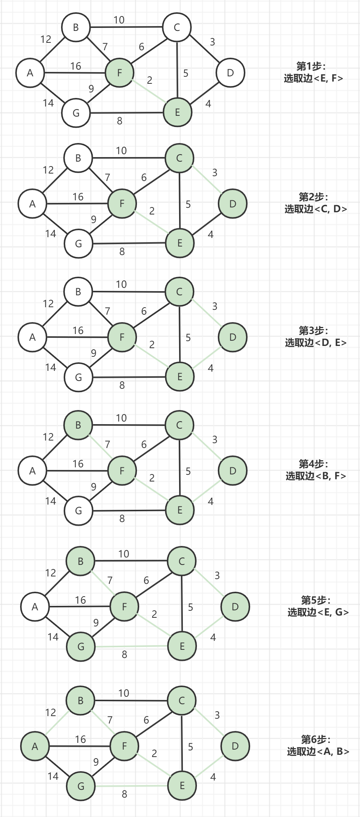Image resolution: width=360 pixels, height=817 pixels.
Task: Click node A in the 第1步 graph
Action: [30, 73]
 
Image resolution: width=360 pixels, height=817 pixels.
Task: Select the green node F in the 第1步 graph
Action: [120, 73]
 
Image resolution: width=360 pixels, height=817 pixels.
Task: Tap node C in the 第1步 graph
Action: [177, 27]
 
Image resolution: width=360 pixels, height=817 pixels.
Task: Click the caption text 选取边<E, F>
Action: [313, 78]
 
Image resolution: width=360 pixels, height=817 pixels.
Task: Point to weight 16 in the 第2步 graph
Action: [78, 197]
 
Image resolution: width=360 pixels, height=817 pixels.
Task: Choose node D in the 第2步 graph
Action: [233, 204]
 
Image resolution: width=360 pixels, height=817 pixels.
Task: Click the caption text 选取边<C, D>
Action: [316, 209]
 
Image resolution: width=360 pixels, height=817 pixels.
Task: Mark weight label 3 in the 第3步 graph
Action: [215, 306]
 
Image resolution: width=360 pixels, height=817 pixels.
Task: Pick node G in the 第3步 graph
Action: [79, 377]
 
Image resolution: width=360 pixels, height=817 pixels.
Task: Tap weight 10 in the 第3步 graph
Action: [121, 284]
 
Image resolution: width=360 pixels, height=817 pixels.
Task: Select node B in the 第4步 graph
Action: [78, 425]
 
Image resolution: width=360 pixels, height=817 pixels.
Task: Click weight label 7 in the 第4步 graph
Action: [108, 444]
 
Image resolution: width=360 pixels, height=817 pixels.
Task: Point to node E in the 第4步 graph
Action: [180, 510]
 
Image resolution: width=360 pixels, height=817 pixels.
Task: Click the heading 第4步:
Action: [313, 464]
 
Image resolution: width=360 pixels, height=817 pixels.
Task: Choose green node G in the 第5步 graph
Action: [81, 646]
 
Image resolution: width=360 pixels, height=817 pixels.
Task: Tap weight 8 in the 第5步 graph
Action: [124, 654]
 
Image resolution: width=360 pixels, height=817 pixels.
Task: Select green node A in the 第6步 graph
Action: [35, 746]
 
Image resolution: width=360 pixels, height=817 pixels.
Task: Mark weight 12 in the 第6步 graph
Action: [51, 712]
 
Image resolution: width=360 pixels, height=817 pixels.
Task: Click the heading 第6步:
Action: [316, 739]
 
